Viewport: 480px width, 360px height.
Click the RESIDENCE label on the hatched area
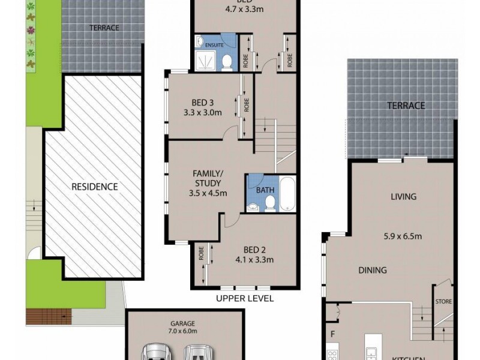(x=95, y=187)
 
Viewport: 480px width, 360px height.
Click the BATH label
(x=265, y=190)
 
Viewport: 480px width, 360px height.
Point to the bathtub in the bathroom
(x=288, y=193)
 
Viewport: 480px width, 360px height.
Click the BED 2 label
(x=255, y=250)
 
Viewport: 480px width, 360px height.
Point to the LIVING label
(x=404, y=196)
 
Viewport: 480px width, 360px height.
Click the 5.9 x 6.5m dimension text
(x=403, y=236)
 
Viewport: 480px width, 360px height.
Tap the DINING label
(x=372, y=270)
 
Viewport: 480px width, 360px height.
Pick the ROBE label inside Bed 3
(x=246, y=106)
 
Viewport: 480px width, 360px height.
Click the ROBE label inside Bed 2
(x=201, y=255)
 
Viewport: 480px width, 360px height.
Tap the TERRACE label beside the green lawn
(x=104, y=28)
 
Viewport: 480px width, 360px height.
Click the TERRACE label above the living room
(x=406, y=106)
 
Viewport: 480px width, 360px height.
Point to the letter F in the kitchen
(x=331, y=332)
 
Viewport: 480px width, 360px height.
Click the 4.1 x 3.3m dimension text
(x=255, y=260)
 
